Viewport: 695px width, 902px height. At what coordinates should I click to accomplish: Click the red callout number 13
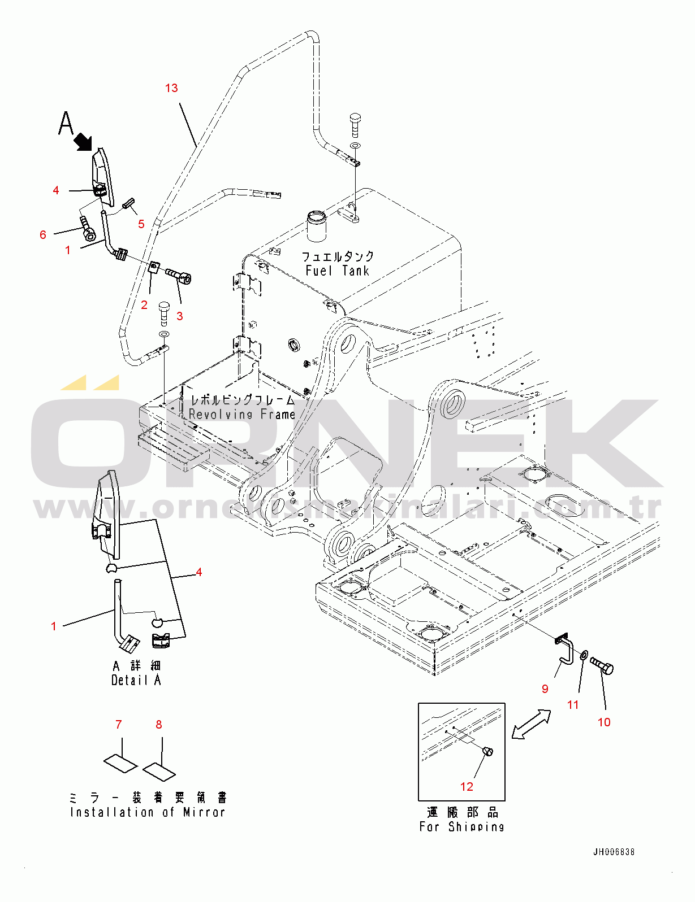(171, 88)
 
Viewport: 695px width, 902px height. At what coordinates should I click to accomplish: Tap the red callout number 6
(43, 234)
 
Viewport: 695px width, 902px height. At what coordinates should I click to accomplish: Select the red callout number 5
(141, 224)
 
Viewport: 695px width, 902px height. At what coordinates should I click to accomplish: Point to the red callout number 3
(180, 316)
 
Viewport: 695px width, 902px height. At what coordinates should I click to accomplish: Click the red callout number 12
(467, 786)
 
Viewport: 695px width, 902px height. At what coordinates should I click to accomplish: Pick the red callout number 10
(604, 722)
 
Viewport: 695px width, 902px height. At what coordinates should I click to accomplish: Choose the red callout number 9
(545, 689)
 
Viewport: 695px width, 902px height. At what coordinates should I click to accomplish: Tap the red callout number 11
(573, 704)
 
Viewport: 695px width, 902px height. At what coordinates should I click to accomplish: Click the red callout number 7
(118, 724)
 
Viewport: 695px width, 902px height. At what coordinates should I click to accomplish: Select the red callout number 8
(159, 724)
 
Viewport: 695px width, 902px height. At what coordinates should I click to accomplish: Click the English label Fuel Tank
(337, 271)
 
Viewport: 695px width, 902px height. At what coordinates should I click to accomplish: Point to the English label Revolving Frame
(242, 415)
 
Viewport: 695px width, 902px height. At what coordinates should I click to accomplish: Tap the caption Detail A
(136, 681)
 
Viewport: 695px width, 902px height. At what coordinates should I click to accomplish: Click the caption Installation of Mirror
(148, 812)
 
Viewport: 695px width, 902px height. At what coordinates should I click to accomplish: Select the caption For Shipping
(461, 827)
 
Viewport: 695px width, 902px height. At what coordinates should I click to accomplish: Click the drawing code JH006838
(614, 852)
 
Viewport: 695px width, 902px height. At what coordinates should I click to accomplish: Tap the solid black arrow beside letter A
(83, 141)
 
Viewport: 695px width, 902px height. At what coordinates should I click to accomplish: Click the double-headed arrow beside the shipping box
(530, 724)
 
